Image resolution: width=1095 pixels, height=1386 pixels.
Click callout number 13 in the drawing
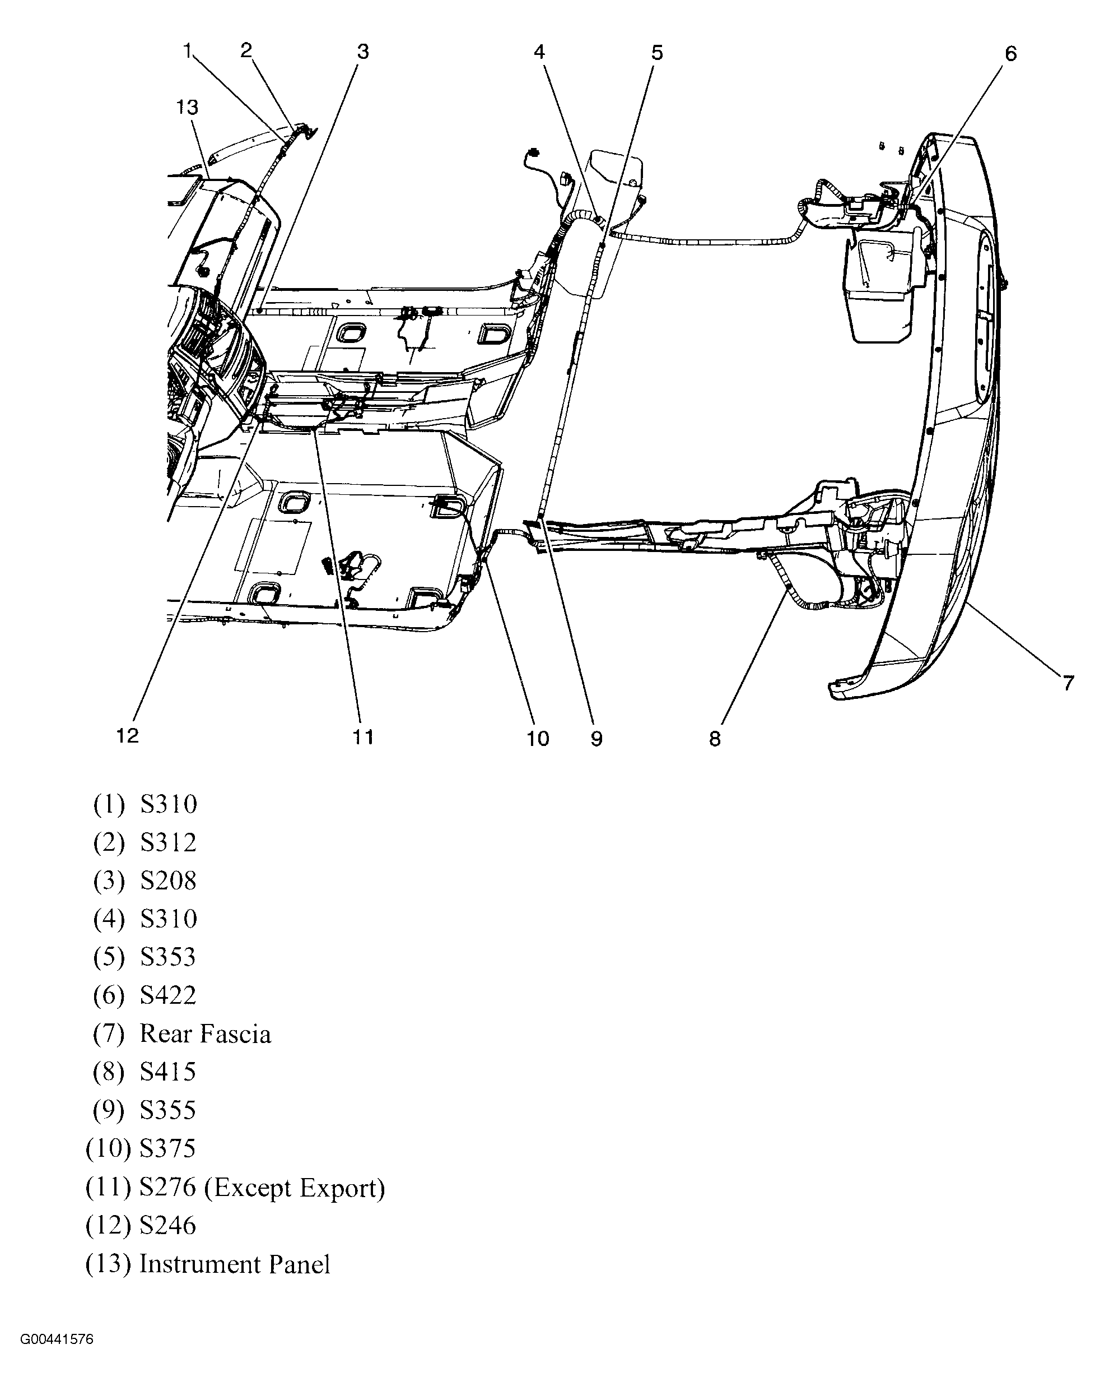(187, 107)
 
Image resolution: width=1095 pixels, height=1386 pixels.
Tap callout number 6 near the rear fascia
(1010, 54)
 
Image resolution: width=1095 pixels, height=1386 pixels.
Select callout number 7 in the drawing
(1068, 683)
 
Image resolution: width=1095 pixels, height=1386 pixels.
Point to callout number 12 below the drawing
(128, 736)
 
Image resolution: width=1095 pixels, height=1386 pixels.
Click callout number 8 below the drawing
(715, 739)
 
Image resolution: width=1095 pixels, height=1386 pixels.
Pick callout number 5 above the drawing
(657, 53)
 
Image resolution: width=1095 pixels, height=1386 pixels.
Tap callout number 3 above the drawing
(363, 52)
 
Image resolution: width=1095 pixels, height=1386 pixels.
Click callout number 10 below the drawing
(538, 739)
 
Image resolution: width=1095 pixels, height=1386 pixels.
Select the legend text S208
(168, 880)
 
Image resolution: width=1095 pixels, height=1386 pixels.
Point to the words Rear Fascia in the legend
(205, 1034)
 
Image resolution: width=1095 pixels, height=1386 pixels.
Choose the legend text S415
(168, 1072)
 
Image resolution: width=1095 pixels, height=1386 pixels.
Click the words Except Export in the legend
(295, 1188)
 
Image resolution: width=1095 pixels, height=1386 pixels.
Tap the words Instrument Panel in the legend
(235, 1264)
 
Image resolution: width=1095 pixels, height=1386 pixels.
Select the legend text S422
(168, 995)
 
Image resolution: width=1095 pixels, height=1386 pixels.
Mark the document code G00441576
(57, 1340)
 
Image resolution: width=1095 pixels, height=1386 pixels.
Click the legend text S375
(168, 1149)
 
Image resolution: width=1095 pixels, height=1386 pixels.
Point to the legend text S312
(168, 842)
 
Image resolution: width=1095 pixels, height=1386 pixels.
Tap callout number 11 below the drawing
(363, 737)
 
